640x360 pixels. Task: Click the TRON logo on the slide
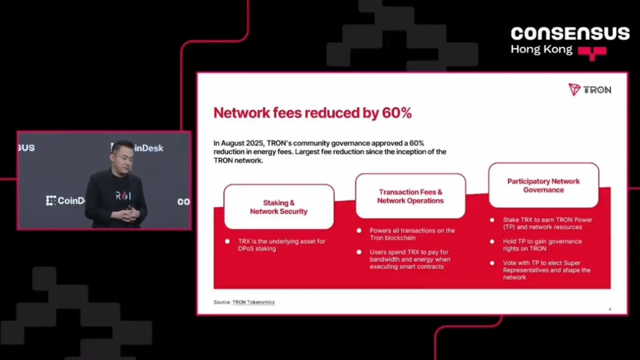click(589, 89)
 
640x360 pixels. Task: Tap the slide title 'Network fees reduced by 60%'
click(312, 113)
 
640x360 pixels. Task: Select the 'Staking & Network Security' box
click(278, 207)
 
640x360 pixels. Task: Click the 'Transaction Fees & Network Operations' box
click(410, 196)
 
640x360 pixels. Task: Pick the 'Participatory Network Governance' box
click(543, 185)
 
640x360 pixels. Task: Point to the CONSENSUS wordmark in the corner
click(570, 34)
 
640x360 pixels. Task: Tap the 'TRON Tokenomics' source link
click(253, 302)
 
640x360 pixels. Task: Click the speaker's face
click(120, 155)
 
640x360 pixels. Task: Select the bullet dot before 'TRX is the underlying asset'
click(227, 241)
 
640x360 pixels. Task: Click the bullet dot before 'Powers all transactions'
click(359, 230)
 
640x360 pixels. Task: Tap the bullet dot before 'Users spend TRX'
click(359, 252)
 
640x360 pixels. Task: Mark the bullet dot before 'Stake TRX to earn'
click(492, 220)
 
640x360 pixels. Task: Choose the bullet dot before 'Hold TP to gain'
click(492, 241)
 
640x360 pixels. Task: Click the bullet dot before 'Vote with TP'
click(492, 263)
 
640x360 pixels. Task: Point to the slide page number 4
click(610, 309)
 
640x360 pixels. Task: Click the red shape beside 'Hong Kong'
click(592, 52)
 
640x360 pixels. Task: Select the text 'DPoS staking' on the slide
click(257, 248)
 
